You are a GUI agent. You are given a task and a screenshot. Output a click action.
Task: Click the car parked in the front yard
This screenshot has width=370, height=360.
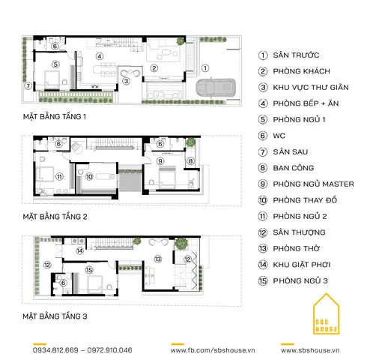point(216,87)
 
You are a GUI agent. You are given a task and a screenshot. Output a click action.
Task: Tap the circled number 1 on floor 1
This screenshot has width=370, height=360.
point(205,68)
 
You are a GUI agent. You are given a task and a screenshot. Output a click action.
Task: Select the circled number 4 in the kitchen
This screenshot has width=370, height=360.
point(100,56)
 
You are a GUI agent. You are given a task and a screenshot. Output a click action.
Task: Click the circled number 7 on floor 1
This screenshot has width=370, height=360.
point(28,86)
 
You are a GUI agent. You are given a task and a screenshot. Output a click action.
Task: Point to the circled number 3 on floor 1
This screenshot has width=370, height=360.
point(127,81)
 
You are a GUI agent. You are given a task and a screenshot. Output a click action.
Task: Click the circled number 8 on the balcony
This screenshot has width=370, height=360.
point(190,161)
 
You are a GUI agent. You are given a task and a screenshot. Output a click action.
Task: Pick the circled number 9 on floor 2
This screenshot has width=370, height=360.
point(160,161)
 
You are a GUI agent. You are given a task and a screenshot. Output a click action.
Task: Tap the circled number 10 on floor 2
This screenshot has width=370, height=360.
point(89,177)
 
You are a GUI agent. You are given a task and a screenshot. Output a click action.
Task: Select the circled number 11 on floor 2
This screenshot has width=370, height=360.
point(59,177)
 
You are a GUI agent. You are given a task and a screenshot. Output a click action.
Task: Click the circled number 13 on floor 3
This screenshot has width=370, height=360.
point(158,259)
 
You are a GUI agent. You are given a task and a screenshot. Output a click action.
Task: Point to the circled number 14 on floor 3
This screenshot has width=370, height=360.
point(79,250)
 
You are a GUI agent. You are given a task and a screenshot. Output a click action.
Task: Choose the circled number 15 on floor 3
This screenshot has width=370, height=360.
point(89,270)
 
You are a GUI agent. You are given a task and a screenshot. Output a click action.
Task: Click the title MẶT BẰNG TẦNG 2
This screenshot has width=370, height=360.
point(55,217)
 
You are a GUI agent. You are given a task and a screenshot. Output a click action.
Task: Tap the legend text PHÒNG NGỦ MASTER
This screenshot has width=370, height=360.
point(313,184)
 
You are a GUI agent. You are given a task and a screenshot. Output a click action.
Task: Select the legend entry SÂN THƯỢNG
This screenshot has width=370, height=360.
point(299,232)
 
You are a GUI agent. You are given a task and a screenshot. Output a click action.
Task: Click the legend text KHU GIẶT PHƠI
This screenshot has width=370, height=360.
point(302,265)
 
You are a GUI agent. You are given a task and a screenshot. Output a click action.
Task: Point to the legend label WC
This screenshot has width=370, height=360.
point(279,136)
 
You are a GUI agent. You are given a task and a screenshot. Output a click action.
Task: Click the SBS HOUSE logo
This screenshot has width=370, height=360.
point(326,314)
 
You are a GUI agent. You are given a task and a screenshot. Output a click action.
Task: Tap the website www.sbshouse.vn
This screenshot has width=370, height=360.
point(310,350)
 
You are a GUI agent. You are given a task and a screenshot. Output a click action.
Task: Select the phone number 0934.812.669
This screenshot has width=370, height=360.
point(55,350)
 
